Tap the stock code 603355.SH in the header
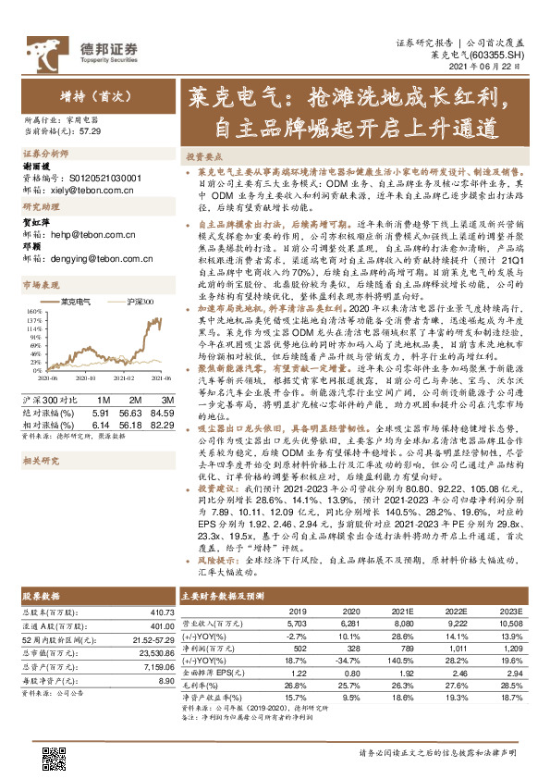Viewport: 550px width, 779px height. point(503,56)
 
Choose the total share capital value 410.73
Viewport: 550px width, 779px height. point(160,612)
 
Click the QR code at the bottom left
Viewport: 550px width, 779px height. point(55,758)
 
